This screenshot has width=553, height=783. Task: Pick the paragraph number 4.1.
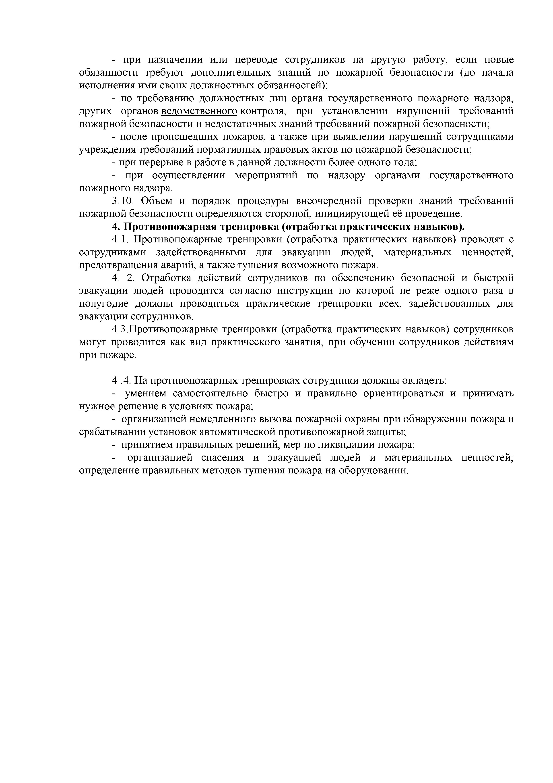[120, 239]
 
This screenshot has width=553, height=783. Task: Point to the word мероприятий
[266, 175]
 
